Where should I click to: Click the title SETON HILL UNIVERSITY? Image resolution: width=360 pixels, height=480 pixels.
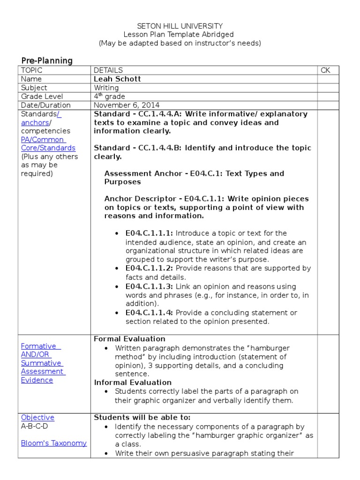(180, 26)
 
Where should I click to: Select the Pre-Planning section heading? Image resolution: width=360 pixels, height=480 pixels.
(47, 60)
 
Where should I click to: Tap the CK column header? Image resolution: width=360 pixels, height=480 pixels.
(325, 70)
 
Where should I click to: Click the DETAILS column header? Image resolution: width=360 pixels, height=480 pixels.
(108, 70)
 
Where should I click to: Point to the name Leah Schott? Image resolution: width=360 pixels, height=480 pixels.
(117, 79)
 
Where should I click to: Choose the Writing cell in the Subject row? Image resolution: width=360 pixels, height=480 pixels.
(106, 88)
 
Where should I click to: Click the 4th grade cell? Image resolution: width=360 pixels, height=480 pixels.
(109, 97)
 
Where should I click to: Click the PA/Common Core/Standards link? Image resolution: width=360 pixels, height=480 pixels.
(48, 144)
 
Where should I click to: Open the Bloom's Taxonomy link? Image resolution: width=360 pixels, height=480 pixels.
(54, 443)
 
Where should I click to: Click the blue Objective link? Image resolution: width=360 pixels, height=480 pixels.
(37, 418)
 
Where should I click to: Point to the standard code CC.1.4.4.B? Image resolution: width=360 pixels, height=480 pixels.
(159, 148)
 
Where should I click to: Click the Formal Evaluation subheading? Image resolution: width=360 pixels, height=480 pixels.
(129, 339)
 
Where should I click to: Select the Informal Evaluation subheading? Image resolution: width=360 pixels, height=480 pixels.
(133, 382)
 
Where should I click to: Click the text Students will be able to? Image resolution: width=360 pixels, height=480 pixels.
(142, 418)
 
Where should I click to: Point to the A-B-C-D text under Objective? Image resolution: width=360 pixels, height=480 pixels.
(34, 426)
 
